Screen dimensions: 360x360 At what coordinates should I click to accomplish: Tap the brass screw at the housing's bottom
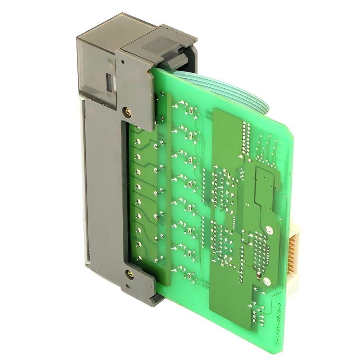point(130,273)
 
